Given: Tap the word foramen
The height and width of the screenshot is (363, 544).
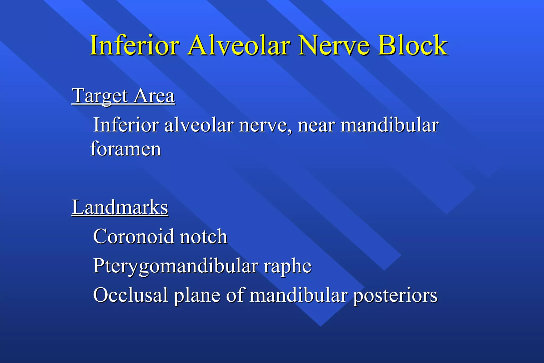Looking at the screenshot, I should click(126, 149).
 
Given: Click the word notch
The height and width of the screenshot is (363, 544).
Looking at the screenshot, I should click(203, 237).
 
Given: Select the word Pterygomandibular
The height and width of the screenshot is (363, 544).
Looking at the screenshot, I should click(175, 266).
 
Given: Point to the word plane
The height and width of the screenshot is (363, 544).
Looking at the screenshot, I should click(197, 296).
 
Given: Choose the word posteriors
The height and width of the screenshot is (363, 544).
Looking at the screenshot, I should click(395, 296).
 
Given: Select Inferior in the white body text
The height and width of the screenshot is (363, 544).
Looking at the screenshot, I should click(126, 125).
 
